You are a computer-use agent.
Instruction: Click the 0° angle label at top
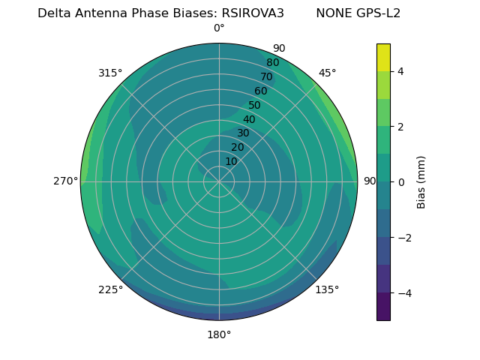[219, 28]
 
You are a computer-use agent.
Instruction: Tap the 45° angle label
[327, 73]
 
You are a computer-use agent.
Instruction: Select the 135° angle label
[327, 289]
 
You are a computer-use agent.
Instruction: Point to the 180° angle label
[219, 334]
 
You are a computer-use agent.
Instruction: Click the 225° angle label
[110, 289]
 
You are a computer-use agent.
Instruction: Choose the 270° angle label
[65, 181]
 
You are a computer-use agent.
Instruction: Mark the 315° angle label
[110, 73]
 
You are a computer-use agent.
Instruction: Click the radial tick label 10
[231, 162]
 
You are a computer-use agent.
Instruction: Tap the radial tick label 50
[254, 106]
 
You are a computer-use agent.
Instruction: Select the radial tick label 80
[272, 63]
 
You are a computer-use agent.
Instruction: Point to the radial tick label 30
[243, 133]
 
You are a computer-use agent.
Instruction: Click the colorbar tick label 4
[400, 71]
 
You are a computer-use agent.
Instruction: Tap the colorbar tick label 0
[400, 182]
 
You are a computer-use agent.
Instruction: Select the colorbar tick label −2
[403, 238]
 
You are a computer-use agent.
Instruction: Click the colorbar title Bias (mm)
[421, 182]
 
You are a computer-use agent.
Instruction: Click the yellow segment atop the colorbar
[383, 57]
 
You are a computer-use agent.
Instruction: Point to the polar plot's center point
[219, 181]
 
